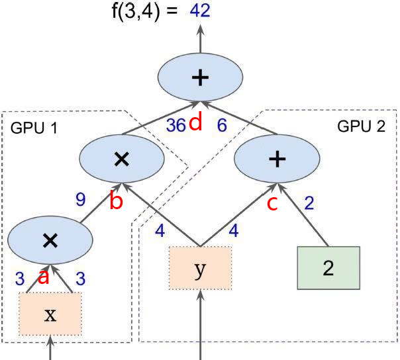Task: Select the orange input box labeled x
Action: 50,314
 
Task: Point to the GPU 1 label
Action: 34,128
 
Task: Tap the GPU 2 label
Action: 361,126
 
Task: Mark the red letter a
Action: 44,277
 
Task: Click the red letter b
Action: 117,202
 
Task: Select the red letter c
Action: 272,203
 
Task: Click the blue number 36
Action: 175,126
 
